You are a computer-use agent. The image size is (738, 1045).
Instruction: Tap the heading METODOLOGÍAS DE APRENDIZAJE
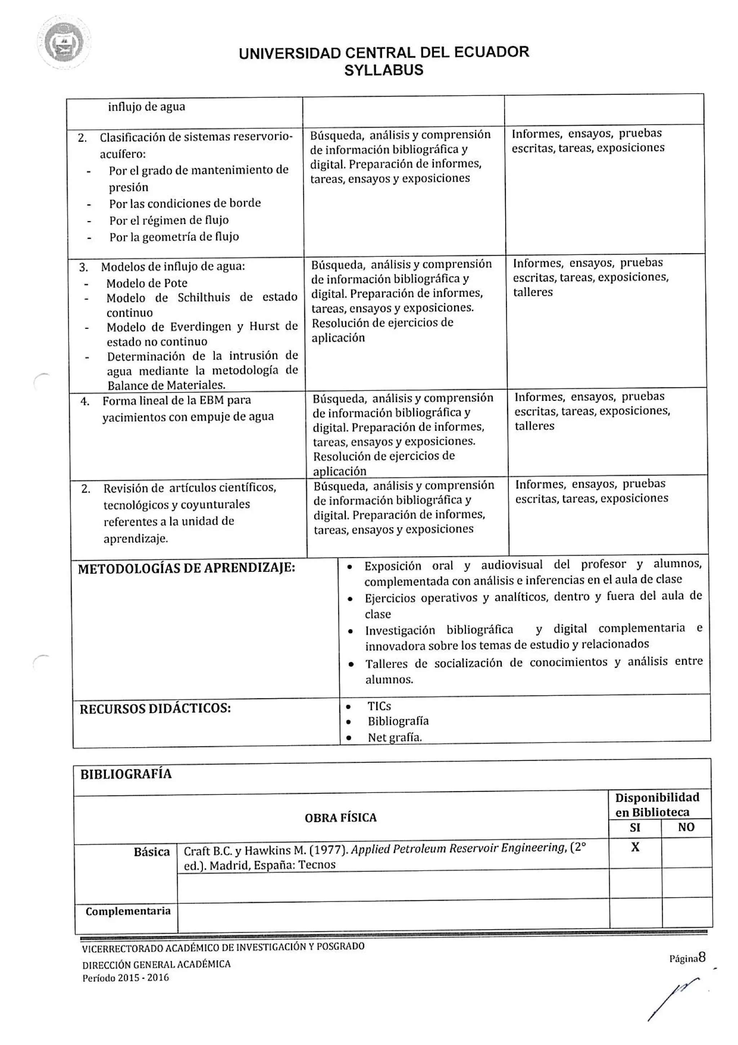coord(186,568)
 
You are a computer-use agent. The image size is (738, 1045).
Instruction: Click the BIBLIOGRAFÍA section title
coord(126,774)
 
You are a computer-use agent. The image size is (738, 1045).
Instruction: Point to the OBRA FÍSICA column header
coord(341,818)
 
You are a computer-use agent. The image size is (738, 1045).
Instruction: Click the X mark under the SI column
coord(635,847)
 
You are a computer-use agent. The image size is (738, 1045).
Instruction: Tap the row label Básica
coord(151,852)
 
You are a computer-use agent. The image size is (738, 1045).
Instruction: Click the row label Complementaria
coord(128,911)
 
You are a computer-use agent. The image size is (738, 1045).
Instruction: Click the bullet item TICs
coord(379,706)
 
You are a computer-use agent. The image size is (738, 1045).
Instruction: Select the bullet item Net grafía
coord(394,737)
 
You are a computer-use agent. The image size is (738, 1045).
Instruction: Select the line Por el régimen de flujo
coord(169,220)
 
